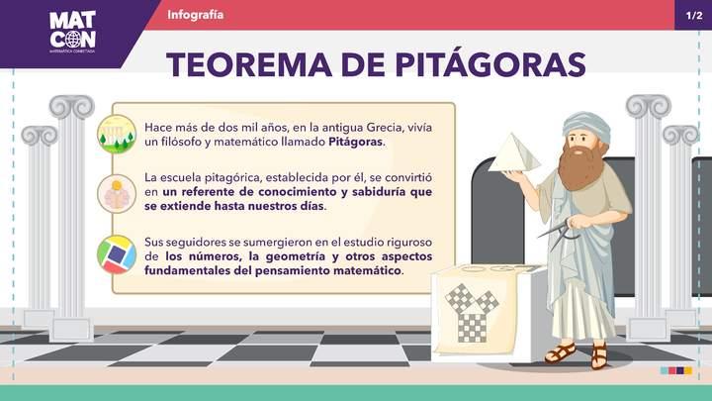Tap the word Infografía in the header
pos(196,15)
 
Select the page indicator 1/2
pos(693,16)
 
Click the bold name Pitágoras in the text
pos(356,143)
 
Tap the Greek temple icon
pos(117,134)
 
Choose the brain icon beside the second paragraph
pos(117,193)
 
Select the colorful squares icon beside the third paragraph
pos(117,254)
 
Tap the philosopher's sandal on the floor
pos(561,352)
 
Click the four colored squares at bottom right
pos(676,370)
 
